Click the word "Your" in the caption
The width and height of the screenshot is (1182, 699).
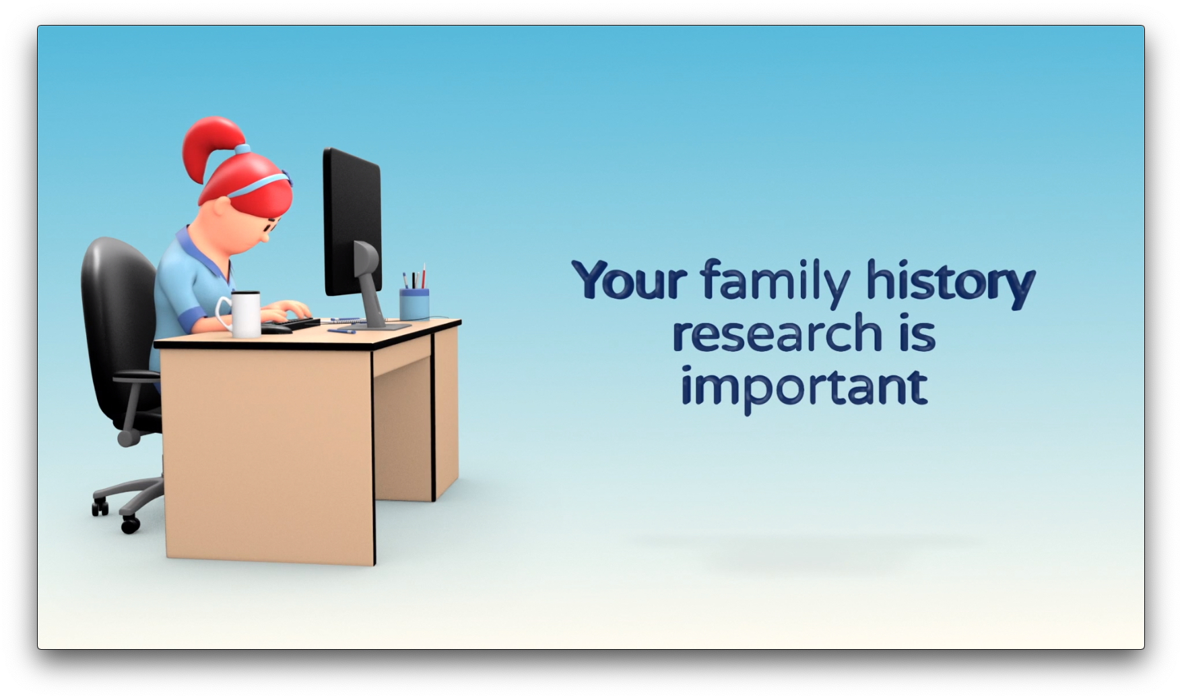click(629, 279)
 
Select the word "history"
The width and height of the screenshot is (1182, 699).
click(950, 283)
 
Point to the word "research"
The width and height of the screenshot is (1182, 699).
click(777, 334)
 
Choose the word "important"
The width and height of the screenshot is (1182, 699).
click(804, 387)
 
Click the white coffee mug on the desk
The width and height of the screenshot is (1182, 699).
click(240, 313)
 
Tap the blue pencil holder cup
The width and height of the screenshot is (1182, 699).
click(414, 305)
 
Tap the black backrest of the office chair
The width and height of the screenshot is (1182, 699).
click(118, 324)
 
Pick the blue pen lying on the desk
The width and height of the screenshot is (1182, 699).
click(341, 330)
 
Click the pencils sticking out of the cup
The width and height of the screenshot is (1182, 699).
click(414, 277)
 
